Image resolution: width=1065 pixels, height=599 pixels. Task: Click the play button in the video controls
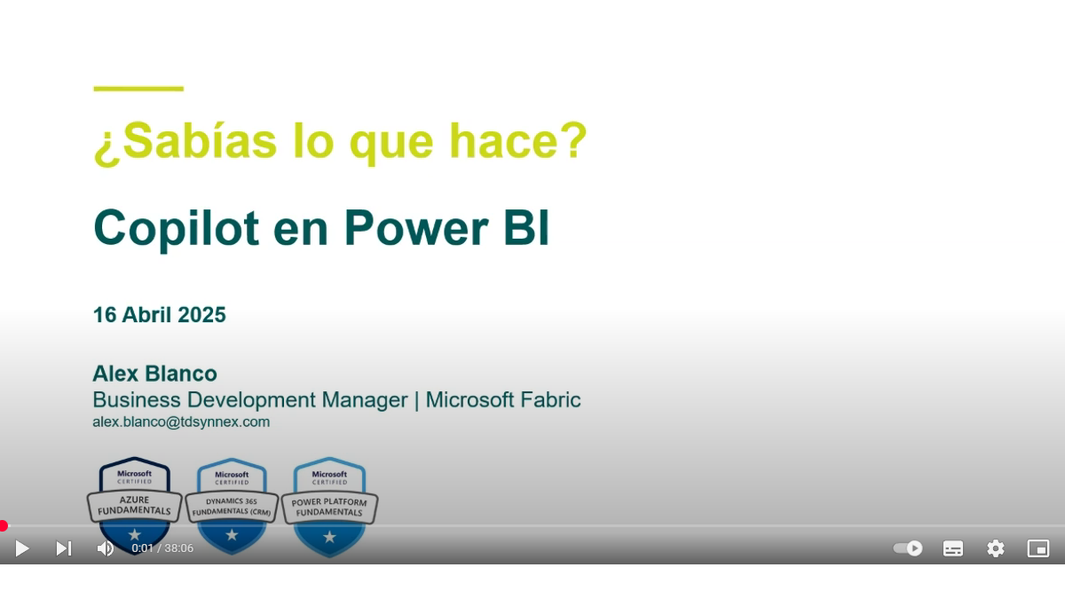tap(22, 548)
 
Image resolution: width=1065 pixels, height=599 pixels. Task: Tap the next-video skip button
tap(64, 548)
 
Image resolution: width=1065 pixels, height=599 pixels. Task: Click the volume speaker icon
tap(105, 548)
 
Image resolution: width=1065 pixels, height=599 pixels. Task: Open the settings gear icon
tap(996, 548)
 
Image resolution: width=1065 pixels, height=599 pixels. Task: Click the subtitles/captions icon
tap(953, 548)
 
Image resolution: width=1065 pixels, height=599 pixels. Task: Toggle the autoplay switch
tap(908, 548)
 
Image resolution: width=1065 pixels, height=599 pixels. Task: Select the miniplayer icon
tap(1037, 548)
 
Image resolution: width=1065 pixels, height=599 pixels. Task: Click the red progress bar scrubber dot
tap(4, 525)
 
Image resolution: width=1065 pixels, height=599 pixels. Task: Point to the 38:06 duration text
tap(179, 548)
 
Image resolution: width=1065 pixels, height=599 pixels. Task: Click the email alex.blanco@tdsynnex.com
tap(181, 422)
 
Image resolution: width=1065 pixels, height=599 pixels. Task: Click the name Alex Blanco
tap(154, 374)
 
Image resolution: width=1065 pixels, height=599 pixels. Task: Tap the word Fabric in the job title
tap(550, 400)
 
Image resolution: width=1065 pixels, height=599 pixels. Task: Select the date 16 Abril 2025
tap(159, 315)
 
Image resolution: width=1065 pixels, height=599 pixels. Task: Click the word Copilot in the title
tap(177, 229)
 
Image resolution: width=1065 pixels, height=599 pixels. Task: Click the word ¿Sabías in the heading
tap(185, 142)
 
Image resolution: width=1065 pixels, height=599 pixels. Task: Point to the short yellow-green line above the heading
tap(138, 89)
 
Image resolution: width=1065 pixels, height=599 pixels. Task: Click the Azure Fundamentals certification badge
tap(135, 505)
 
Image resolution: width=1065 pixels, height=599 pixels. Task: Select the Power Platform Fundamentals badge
tap(329, 507)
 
